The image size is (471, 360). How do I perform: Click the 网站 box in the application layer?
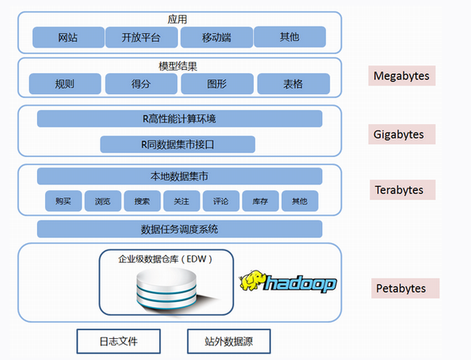[x=68, y=37]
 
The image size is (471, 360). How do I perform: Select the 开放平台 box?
[x=142, y=37]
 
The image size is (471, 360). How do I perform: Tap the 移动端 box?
[x=217, y=37]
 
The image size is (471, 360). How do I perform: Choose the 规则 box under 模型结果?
[x=65, y=84]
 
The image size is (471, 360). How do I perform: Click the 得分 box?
[x=141, y=84]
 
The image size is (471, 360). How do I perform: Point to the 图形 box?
[x=217, y=84]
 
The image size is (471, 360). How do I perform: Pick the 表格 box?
[x=294, y=84]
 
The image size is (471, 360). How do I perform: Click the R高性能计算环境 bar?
[x=180, y=118]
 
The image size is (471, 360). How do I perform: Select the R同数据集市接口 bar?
[x=177, y=144]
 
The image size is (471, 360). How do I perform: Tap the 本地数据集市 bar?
[x=180, y=176]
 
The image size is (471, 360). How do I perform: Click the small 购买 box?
[x=64, y=201]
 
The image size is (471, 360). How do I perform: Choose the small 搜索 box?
[x=142, y=201]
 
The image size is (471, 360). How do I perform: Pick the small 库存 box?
[x=260, y=201]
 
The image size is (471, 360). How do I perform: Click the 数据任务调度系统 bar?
[x=180, y=229]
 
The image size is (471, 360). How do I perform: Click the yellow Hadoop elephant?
[x=252, y=280]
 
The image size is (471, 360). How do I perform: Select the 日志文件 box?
[x=118, y=341]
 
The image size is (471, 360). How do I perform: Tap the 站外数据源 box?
[x=229, y=341]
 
